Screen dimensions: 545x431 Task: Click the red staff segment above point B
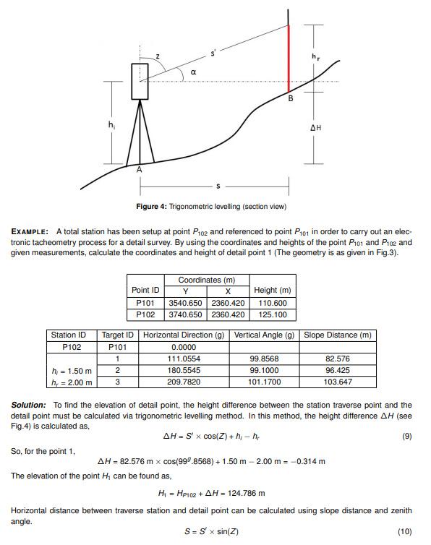coord(289,58)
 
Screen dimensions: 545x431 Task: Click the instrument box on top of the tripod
coord(140,81)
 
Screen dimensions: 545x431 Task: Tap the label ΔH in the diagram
coord(315,128)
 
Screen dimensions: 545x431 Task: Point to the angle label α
coord(193,72)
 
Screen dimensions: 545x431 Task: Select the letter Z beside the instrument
coord(158,56)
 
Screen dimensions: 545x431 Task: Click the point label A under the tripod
coord(140,169)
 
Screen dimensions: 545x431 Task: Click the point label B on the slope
coord(291,98)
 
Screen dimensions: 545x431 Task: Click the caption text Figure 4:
coord(152,207)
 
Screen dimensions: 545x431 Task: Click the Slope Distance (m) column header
coord(338,335)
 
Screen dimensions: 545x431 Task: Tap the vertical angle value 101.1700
coord(264,382)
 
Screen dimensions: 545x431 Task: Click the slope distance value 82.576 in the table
coord(338,359)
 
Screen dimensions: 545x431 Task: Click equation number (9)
coord(406,437)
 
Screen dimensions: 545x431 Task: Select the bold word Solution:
coord(29,405)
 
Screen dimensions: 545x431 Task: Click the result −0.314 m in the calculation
coord(307,461)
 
